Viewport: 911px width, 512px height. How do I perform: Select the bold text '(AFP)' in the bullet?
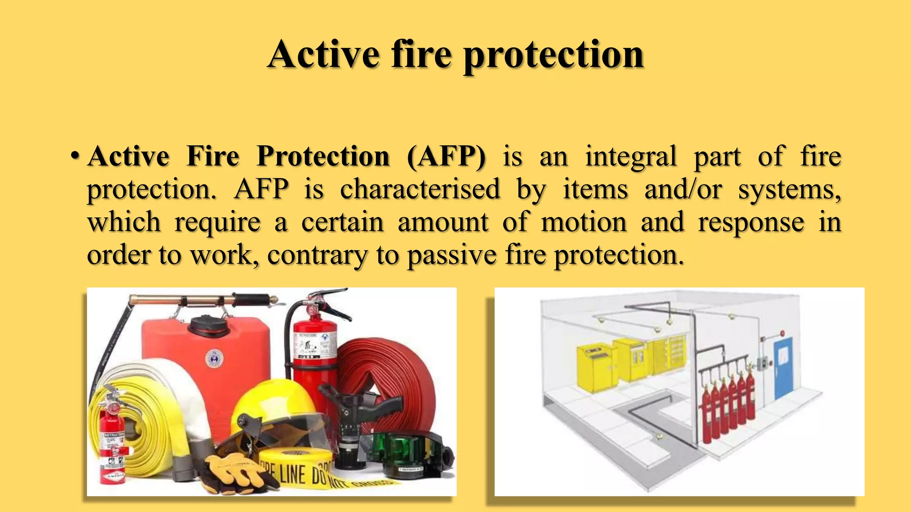click(x=446, y=156)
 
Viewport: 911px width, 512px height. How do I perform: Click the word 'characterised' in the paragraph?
click(x=420, y=189)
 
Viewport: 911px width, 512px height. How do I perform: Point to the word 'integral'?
click(x=631, y=156)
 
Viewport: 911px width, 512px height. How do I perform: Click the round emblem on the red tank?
click(x=214, y=358)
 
